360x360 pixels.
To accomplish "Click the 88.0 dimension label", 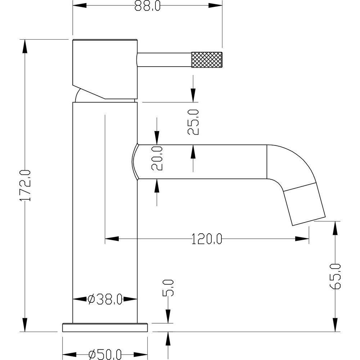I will (148, 5).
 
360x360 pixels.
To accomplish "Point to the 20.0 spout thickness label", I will (157, 158).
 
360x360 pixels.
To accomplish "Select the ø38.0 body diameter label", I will (105, 299).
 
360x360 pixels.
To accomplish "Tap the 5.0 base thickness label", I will (168, 288).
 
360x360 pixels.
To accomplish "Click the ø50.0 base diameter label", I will (105, 354).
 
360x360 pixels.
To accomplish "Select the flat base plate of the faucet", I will (105, 327).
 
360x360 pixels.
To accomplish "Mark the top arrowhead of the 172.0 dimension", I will (25, 45).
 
